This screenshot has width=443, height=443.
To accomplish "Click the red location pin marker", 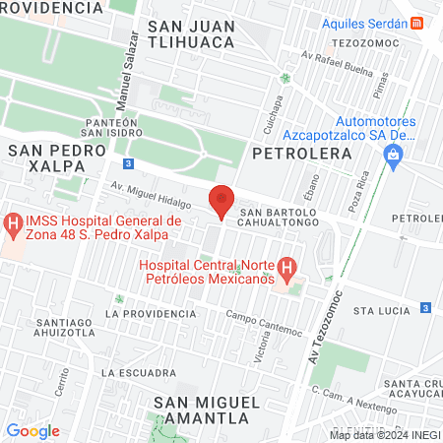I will tap(222, 201).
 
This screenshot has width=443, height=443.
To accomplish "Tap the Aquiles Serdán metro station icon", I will tap(417, 23).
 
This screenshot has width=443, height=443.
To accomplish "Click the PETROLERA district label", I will tap(302, 155).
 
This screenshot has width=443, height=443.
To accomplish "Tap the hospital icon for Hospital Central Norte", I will tap(286, 267).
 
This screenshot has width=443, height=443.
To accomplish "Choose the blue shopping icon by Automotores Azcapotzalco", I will tap(394, 155).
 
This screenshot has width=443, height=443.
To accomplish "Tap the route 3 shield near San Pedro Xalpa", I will tap(129, 163).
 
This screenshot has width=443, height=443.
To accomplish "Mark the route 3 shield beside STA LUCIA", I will tap(424, 308).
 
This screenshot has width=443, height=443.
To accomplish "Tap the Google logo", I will tap(32, 430).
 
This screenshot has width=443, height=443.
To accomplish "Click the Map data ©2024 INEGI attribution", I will tap(383, 435).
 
